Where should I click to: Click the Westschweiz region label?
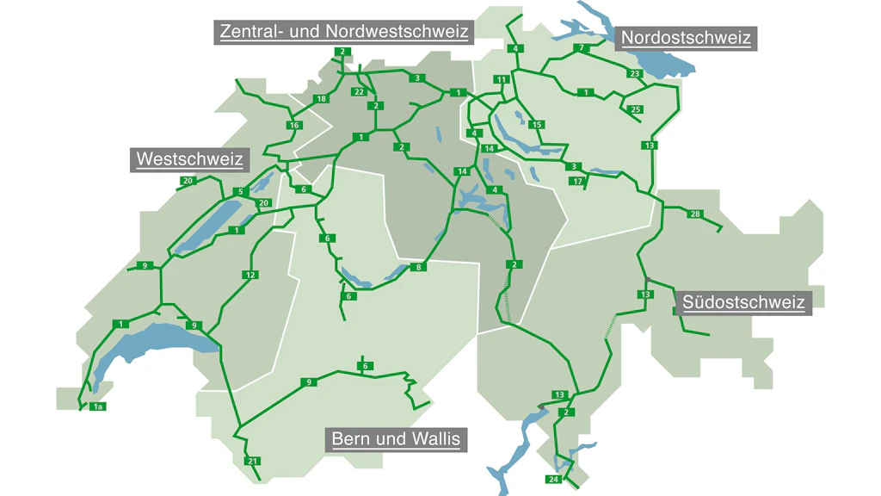pos(189,159)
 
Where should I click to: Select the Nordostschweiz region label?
pos(686,38)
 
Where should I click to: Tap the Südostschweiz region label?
pos(743,302)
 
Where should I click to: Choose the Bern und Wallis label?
pos(397,439)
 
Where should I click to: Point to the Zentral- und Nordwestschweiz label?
pos(344,32)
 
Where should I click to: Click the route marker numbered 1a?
pos(98,406)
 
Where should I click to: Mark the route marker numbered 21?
pos(253,462)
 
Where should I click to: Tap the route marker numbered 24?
pos(552,480)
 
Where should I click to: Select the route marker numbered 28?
pos(695,214)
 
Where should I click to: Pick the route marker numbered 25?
pos(636,110)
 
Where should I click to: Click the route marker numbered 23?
pos(635,74)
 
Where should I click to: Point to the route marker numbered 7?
pos(582,47)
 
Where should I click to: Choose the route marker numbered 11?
pos(501,80)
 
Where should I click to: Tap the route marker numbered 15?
pos(537,126)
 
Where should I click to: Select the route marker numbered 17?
pos(577,182)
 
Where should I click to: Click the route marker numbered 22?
pos(360,91)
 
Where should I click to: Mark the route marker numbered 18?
pos(322,99)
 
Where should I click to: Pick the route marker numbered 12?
pos(250,276)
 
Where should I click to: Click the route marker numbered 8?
pos(419,268)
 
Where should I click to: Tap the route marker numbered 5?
pos(243,191)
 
